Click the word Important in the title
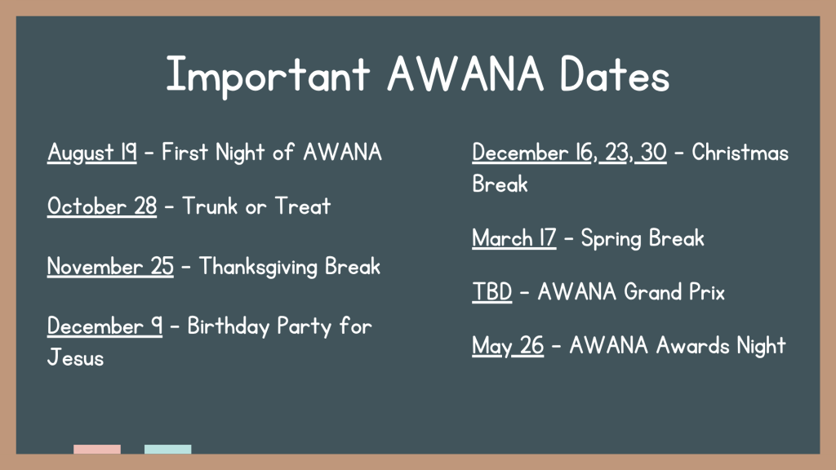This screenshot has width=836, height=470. [268, 75]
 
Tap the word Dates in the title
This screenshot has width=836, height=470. [615, 74]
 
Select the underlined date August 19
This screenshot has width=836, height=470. [91, 153]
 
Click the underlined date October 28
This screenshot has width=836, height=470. [102, 206]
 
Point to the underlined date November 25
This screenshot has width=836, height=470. [110, 267]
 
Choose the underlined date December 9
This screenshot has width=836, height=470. [104, 326]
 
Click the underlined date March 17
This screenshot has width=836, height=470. [514, 238]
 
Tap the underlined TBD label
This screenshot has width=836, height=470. [492, 292]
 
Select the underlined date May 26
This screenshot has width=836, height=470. [508, 346]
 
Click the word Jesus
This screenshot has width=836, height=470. [76, 357]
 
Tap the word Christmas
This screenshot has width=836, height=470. [740, 153]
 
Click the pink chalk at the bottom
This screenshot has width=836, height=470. [97, 450]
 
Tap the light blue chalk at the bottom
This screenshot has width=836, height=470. [168, 450]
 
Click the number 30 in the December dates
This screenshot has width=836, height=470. [654, 153]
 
